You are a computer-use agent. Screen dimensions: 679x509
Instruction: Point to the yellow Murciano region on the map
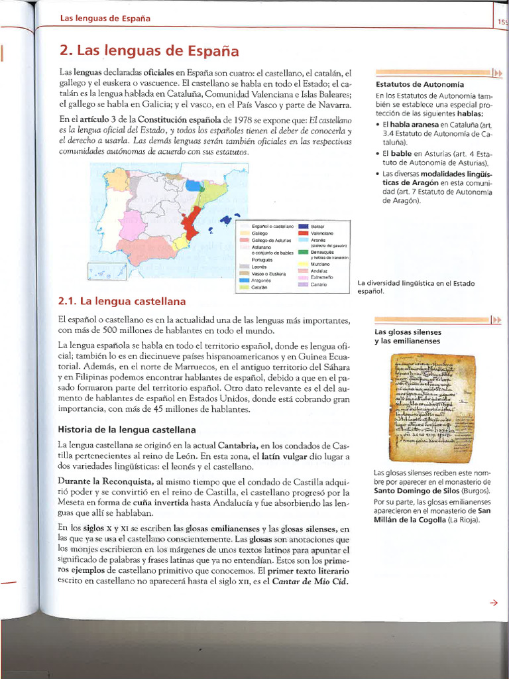pos(178,246)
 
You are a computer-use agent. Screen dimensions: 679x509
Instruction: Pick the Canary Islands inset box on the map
pos(107,271)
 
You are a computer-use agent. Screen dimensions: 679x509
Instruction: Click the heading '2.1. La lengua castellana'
pos(122,300)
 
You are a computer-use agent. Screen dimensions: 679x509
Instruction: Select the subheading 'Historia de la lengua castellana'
pos(127,429)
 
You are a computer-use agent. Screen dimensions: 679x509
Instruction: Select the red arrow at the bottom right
pos(492,603)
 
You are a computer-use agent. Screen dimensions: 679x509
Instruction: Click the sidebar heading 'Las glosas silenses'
pos(408,332)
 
